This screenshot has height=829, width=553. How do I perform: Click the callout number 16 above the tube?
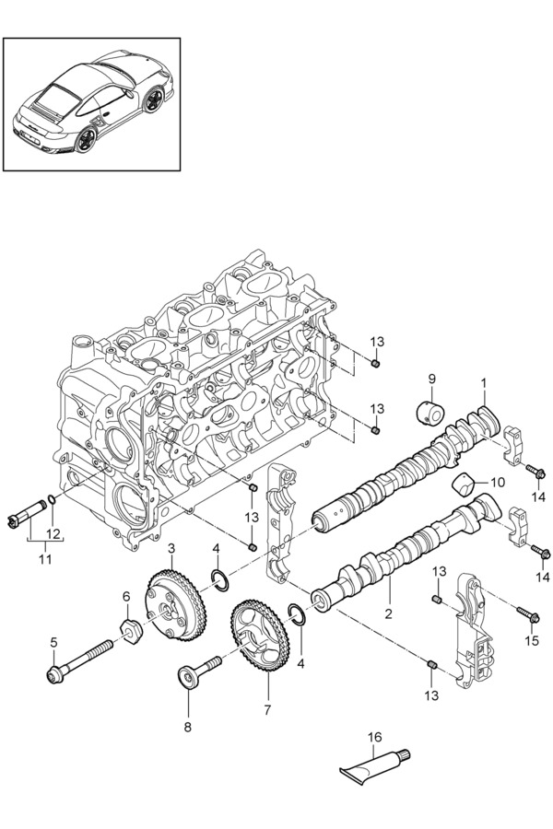coord(374,737)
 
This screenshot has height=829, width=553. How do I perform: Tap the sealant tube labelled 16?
coord(375,766)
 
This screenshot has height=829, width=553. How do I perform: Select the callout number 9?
coord(431,379)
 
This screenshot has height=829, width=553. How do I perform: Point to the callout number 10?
coord(498,482)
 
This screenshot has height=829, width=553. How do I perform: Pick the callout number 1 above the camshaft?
coord(484,381)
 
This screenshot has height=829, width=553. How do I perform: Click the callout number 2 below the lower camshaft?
coord(388,613)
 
